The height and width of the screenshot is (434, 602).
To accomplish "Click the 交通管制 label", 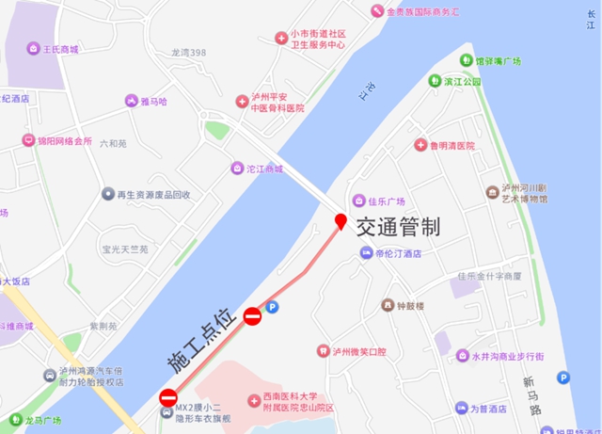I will pos(397,227).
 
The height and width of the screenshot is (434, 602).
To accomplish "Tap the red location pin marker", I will pos(341,222).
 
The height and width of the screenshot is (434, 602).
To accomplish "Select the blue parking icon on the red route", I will pos(273,307).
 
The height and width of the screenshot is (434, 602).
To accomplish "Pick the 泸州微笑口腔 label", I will pos(358,351).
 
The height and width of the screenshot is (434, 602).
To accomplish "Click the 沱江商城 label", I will pos(257,169).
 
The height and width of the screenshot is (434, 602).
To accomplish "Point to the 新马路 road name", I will pos(534,391).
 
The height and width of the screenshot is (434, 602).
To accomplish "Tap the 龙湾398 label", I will pos(188,53).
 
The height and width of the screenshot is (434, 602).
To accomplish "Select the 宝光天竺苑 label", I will pos(125,249).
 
